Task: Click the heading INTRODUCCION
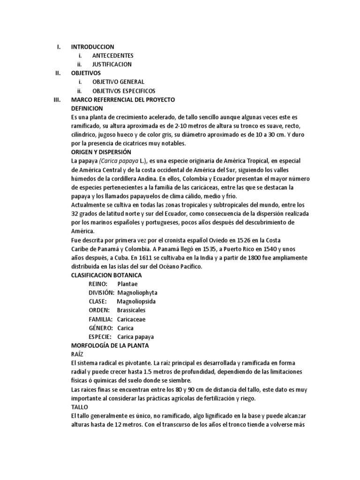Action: point(92,47)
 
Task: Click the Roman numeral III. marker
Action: point(57,100)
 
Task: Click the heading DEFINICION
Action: point(87,108)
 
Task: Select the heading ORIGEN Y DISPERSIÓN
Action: point(101,152)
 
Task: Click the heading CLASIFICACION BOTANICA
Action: point(106,275)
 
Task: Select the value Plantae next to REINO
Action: point(128,284)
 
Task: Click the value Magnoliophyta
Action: point(139,292)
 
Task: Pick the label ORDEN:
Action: point(99,310)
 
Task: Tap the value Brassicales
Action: point(131,310)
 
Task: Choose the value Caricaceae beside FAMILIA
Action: point(131,319)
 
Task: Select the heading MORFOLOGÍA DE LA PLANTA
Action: point(109,345)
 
